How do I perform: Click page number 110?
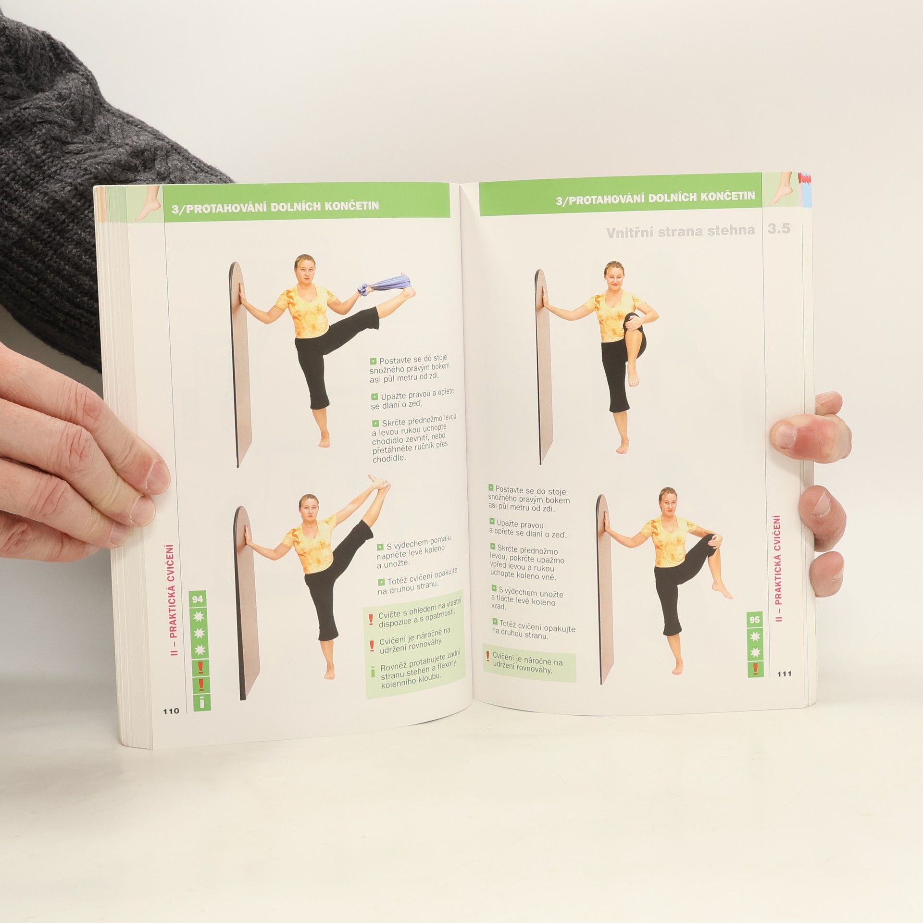click(171, 711)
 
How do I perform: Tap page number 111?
click(784, 674)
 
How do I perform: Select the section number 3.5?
click(779, 229)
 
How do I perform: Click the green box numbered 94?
click(198, 599)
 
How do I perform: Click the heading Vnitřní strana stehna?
click(680, 232)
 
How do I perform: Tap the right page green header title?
click(655, 197)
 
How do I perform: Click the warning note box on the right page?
click(529, 662)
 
